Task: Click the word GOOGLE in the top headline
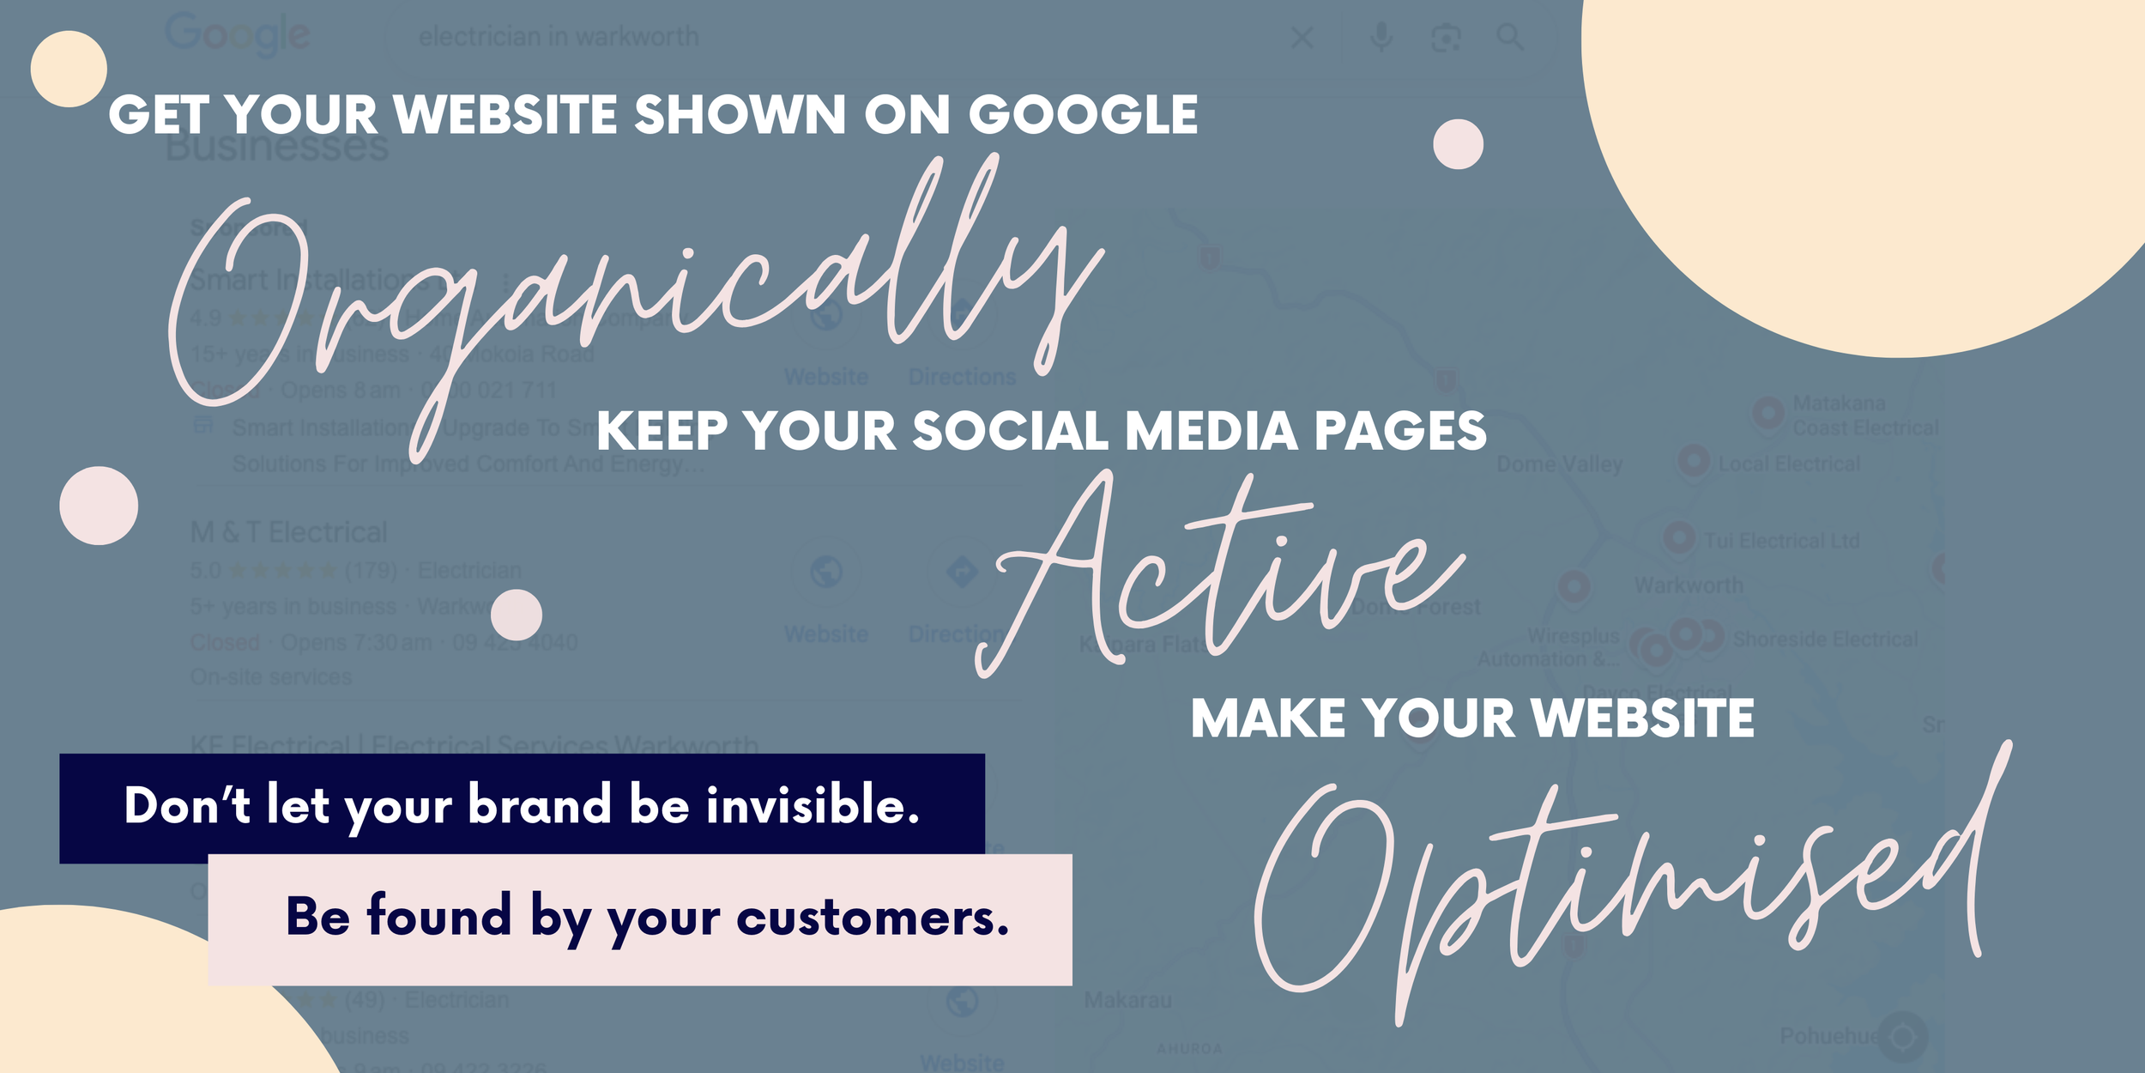click(x=1083, y=115)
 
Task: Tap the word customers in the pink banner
click(x=872, y=918)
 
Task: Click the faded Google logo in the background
click(x=237, y=35)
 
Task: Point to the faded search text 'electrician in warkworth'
click(x=559, y=37)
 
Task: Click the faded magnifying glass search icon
click(x=1510, y=37)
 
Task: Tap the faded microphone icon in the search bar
click(x=1381, y=37)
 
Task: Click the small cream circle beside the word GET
click(x=69, y=69)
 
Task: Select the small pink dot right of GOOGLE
click(x=1458, y=144)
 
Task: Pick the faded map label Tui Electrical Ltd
click(x=1781, y=541)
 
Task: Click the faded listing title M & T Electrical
click(x=288, y=533)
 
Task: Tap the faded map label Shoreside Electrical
click(x=1825, y=640)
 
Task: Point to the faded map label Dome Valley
click(x=1559, y=464)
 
